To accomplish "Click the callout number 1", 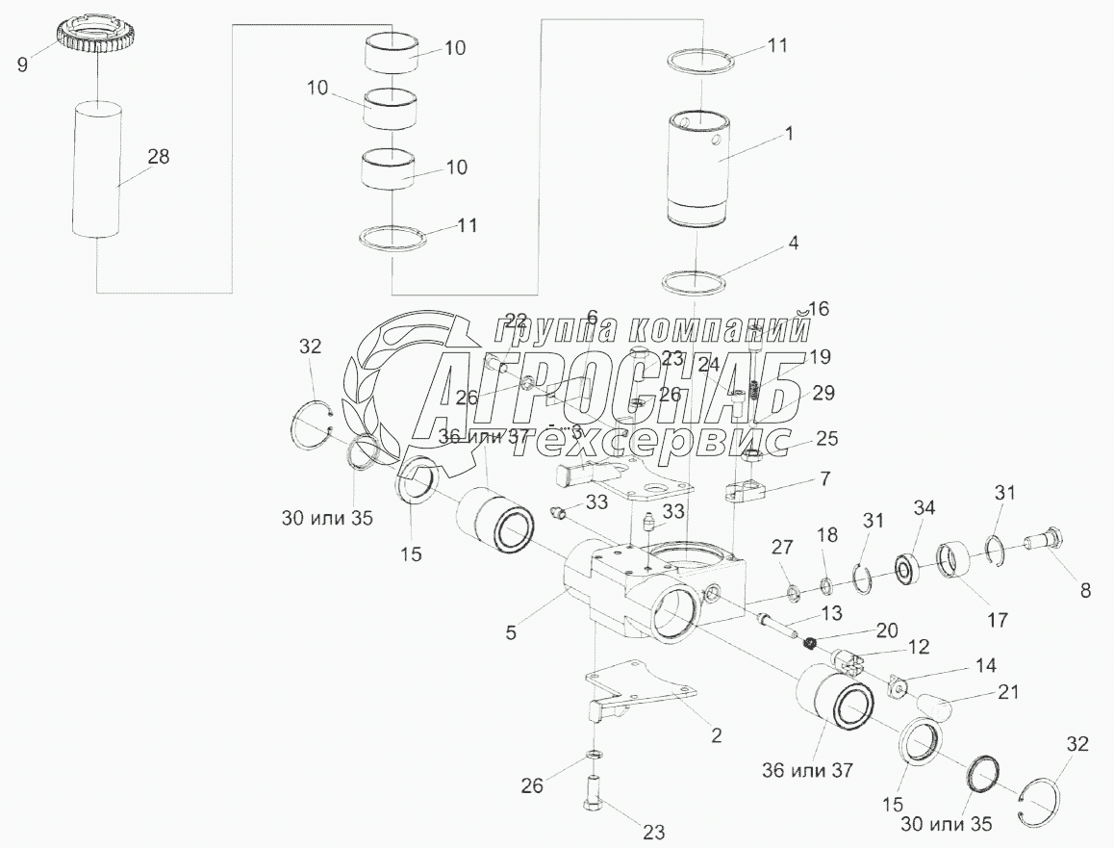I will [x=789, y=134].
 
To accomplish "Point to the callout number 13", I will [x=831, y=612].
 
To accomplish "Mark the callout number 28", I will [x=158, y=156].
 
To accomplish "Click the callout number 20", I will [x=887, y=630].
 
